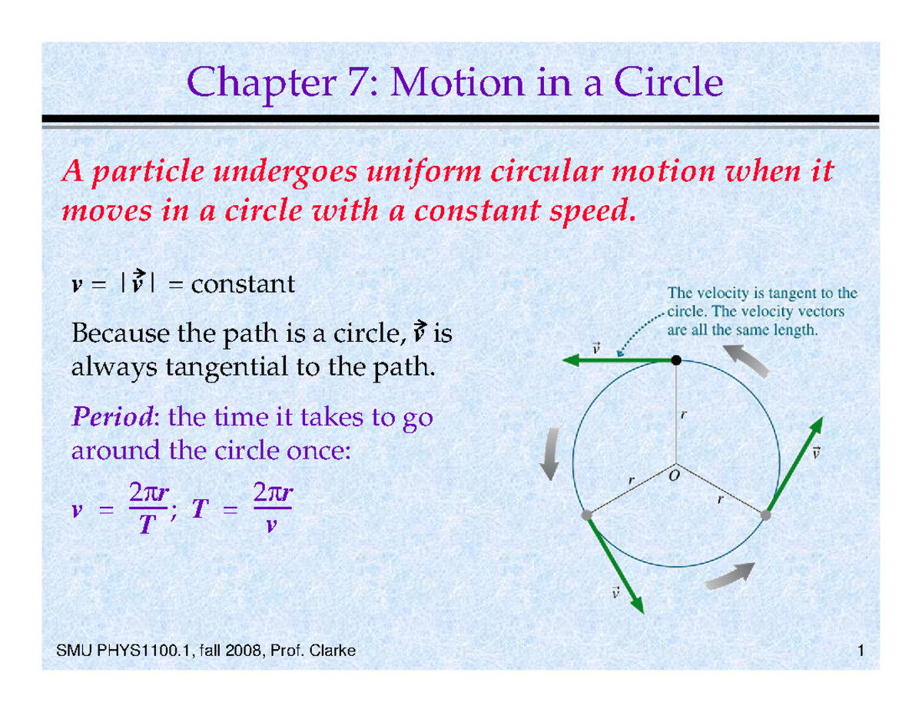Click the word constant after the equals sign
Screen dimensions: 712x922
pos(242,286)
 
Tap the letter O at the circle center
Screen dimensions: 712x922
pos(675,475)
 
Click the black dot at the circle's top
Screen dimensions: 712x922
pos(675,360)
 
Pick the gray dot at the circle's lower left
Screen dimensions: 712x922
pos(587,515)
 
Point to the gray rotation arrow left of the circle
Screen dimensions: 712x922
pos(549,461)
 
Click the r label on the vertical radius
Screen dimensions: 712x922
pos(683,415)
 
